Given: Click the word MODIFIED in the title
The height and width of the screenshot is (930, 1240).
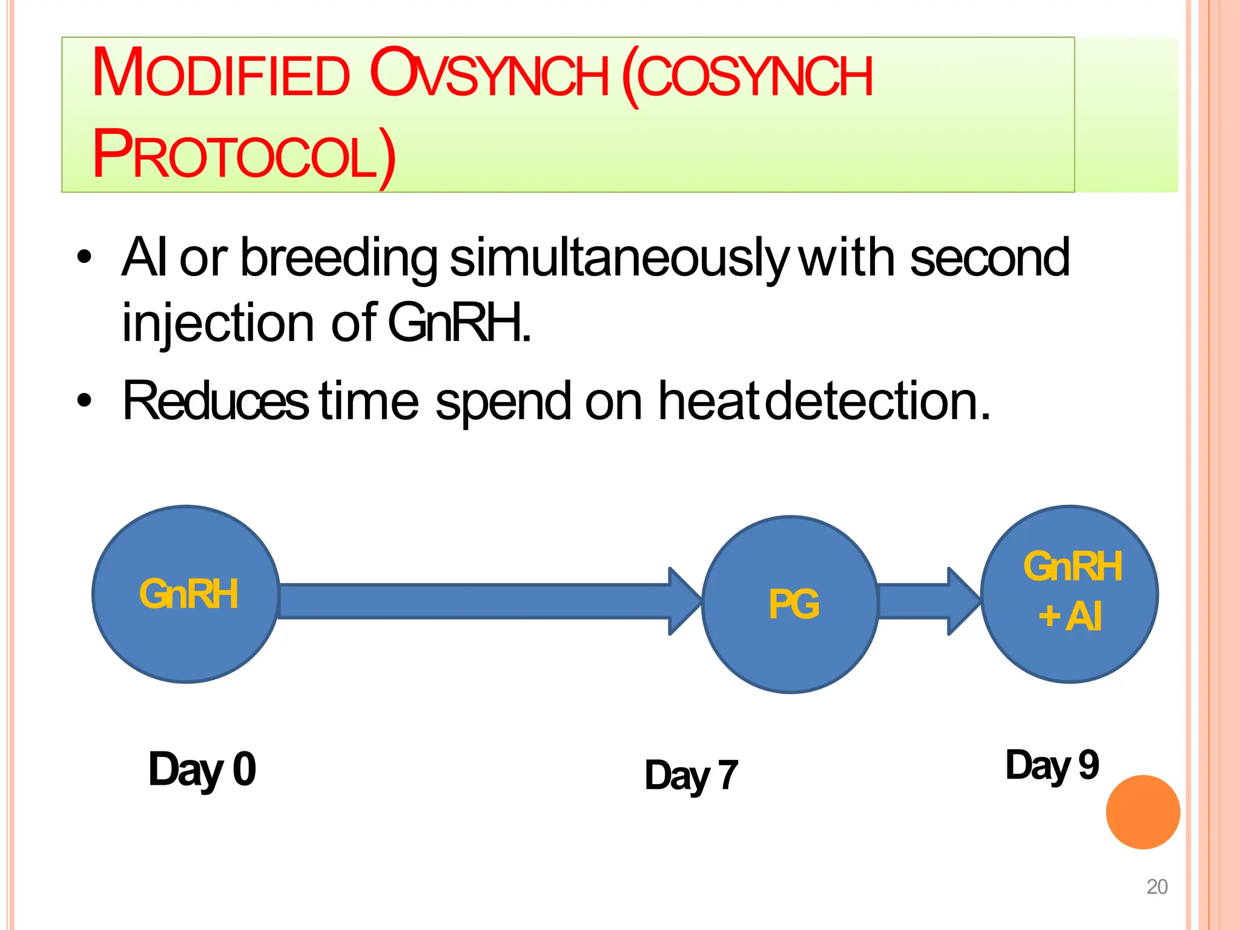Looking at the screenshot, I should tap(221, 74).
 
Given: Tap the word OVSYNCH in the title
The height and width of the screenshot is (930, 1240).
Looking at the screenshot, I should tap(489, 74).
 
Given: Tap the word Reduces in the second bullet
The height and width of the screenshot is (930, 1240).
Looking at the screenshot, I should tap(215, 401).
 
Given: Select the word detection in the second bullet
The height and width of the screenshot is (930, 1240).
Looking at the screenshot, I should tap(877, 401).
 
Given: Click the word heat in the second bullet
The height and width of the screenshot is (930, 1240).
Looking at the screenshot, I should tap(708, 401).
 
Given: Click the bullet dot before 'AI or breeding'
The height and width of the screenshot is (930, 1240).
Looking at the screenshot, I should tap(84, 258).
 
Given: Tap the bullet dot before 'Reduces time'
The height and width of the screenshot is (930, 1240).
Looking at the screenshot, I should tap(84, 400).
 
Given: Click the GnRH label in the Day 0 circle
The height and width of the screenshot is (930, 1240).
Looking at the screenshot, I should tap(188, 594).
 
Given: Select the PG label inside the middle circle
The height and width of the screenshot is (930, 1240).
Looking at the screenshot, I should tap(794, 604).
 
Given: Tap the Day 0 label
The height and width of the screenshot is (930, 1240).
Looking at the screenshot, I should tap(202, 770).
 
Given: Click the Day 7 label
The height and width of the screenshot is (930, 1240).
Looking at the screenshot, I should tap(691, 776).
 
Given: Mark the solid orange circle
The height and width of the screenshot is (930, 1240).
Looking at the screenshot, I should tap(1143, 812).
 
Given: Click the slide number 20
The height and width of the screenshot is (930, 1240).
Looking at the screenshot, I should tap(1156, 886).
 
